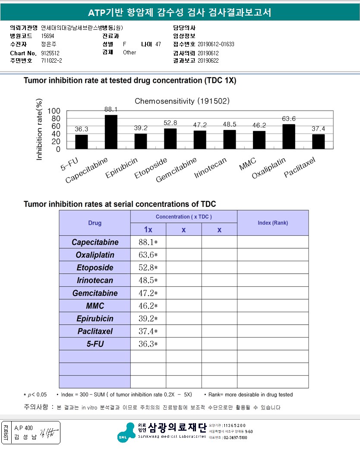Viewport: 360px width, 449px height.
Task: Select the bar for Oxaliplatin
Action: pyautogui.click(x=289, y=137)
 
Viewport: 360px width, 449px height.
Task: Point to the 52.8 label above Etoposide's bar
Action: pyautogui.click(x=170, y=123)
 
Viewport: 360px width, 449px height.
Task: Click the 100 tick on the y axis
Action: pyautogui.click(x=54, y=111)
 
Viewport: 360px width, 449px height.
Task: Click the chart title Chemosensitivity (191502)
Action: pyautogui.click(x=182, y=101)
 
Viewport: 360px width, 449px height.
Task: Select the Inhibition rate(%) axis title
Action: pyautogui.click(x=39, y=130)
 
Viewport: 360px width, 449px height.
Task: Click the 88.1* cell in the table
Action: pyautogui.click(x=148, y=242)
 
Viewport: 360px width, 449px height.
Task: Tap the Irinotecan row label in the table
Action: pyautogui.click(x=95, y=281)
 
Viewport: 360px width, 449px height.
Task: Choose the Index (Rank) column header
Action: pyautogui.click(x=272, y=223)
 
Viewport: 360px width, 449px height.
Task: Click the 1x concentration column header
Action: pyautogui.click(x=148, y=230)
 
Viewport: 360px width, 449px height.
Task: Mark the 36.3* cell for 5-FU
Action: pyautogui.click(x=148, y=344)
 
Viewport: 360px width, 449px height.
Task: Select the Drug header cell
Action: pyautogui.click(x=95, y=223)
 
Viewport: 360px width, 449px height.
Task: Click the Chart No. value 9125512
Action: pyautogui.click(x=50, y=53)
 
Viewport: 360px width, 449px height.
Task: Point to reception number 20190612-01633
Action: pyautogui.click(x=216, y=44)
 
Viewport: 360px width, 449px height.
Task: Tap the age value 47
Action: pyautogui.click(x=158, y=44)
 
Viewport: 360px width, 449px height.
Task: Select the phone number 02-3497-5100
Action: pyautogui.click(x=235, y=437)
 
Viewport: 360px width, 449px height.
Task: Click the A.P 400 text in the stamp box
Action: pyautogui.click(x=23, y=428)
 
